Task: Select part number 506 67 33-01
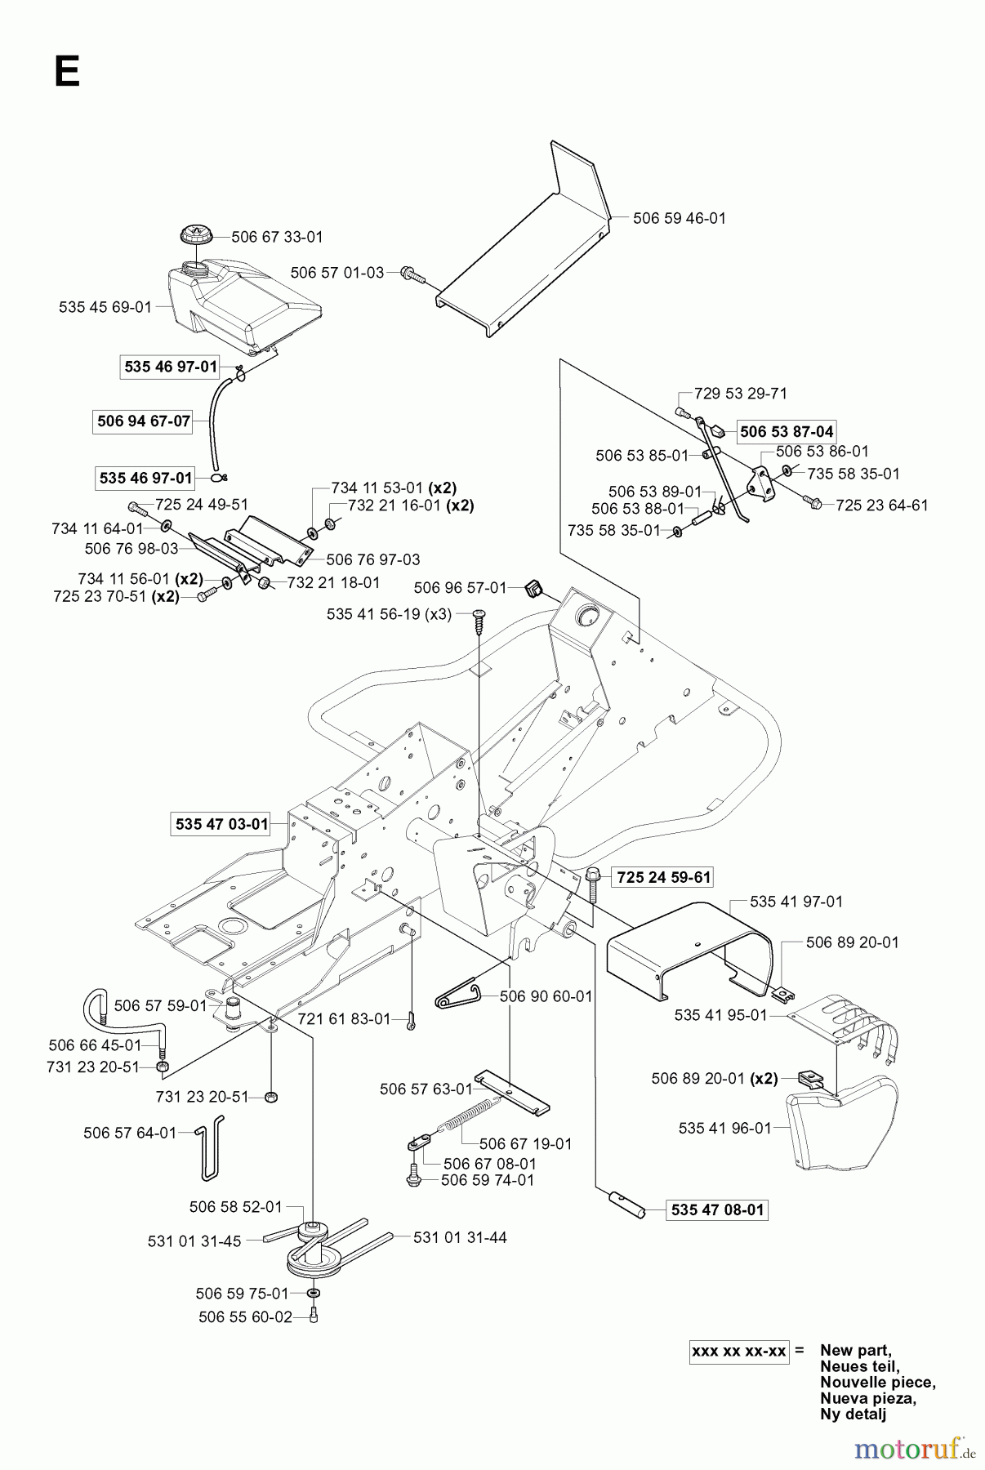pyautogui.click(x=277, y=237)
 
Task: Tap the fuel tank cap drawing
pyautogui.click(x=196, y=233)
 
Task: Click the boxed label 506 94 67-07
pyautogui.click(x=143, y=421)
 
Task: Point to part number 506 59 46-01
pyautogui.click(x=679, y=218)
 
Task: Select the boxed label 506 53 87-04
pyautogui.click(x=787, y=431)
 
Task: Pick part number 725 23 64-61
pyautogui.click(x=881, y=506)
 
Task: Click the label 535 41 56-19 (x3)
pyautogui.click(x=389, y=614)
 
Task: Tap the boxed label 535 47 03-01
pyautogui.click(x=221, y=824)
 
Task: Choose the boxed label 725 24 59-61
pyautogui.click(x=663, y=877)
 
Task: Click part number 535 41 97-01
pyautogui.click(x=796, y=902)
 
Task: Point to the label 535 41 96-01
pyautogui.click(x=724, y=1128)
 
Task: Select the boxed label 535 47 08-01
pyautogui.click(x=717, y=1209)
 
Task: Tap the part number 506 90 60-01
pyautogui.click(x=546, y=996)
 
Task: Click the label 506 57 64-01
pyautogui.click(x=130, y=1133)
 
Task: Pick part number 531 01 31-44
pyautogui.click(x=460, y=1237)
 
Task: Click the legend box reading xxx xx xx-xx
pyautogui.click(x=738, y=1352)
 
